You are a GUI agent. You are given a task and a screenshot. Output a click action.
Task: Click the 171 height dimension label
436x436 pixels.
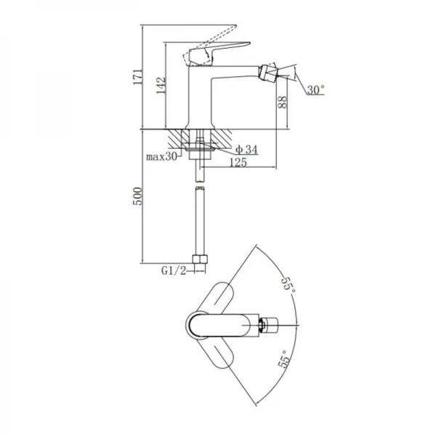point(137,77)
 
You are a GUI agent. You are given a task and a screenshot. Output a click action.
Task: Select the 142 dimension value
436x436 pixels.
point(161,86)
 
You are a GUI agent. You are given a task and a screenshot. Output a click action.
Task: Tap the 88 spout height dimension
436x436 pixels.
point(282,102)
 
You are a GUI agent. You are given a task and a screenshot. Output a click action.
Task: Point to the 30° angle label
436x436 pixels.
point(316,90)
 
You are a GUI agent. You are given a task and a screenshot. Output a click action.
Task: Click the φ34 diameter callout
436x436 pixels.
point(246,150)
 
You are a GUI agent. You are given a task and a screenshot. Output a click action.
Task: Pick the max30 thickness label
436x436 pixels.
point(161,156)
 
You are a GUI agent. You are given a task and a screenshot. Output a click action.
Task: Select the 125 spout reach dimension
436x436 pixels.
point(238,162)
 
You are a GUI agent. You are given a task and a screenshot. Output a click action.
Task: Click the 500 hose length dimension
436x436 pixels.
point(137,196)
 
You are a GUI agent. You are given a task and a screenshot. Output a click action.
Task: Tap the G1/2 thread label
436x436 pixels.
point(174,270)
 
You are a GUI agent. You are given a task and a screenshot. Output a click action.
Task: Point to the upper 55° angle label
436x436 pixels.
point(289,284)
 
